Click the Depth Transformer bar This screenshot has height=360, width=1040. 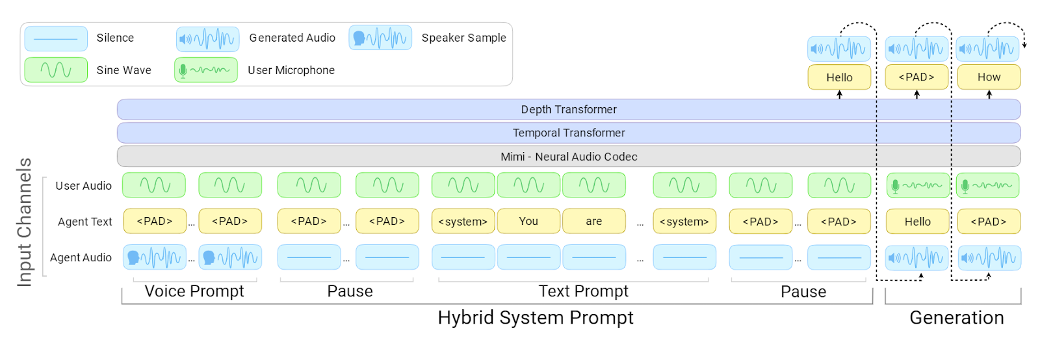point(569,109)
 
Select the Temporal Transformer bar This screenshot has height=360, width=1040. point(569,133)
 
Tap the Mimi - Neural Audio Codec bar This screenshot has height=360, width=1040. point(569,157)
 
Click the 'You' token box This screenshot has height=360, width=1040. point(528,221)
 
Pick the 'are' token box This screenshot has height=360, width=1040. point(593,221)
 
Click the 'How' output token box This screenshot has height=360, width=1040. point(989,77)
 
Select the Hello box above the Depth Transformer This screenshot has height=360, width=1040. point(839,77)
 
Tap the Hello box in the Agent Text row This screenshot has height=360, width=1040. point(917,222)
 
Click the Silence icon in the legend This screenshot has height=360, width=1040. point(56,39)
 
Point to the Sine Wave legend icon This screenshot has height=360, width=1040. point(56,70)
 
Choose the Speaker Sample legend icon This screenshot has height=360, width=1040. point(380,38)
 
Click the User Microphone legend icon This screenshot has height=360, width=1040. point(205,70)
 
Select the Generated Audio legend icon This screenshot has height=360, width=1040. point(207,39)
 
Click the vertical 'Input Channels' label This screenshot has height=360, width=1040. point(25,222)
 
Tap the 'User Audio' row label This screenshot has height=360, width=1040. point(83,186)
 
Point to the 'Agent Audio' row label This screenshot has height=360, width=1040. point(81,258)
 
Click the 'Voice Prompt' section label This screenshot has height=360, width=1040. point(194,291)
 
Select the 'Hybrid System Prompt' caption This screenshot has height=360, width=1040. point(535,318)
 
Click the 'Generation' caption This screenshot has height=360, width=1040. point(956,318)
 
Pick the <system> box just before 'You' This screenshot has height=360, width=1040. point(463,222)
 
